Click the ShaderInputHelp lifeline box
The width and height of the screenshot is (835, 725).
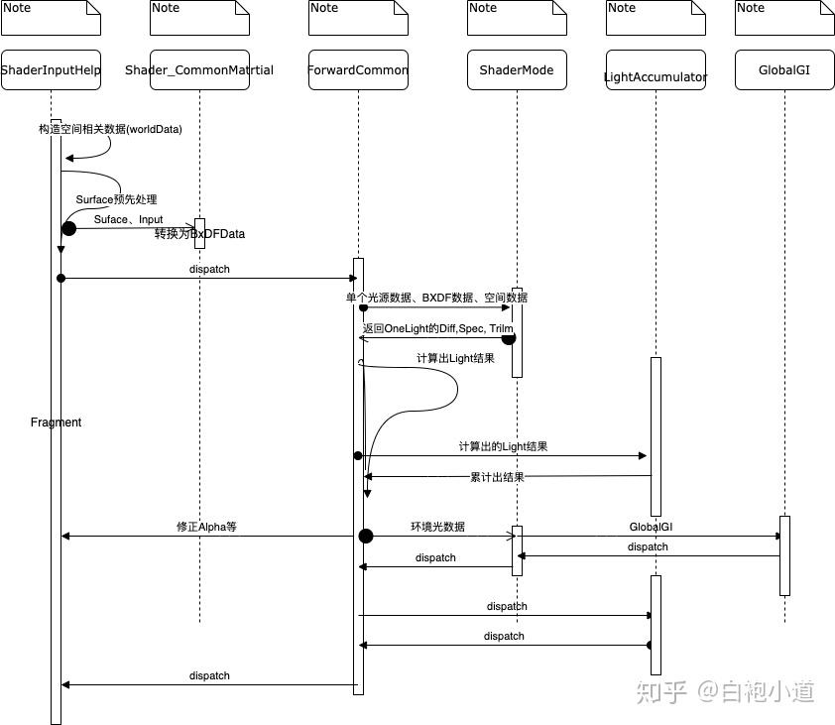[51, 70]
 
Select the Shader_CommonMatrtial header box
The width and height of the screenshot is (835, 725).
[199, 70]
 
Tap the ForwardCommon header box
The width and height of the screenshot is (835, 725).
[358, 70]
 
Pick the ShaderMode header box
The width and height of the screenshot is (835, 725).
[517, 70]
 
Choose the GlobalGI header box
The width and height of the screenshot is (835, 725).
[784, 70]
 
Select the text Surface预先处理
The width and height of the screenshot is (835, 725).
[116, 199]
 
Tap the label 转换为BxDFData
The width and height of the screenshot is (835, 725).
[199, 234]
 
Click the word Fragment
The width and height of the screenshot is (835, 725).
[56, 423]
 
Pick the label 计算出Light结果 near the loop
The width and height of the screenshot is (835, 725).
[455, 358]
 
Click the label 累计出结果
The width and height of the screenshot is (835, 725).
[497, 477]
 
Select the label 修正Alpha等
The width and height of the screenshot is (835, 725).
[206, 527]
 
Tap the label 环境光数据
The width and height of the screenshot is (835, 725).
[437, 527]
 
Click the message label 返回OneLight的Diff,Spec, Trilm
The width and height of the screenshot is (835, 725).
[437, 327]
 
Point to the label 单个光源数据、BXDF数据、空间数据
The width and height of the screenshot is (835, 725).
[436, 298]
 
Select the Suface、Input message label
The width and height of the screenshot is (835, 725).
[128, 219]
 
